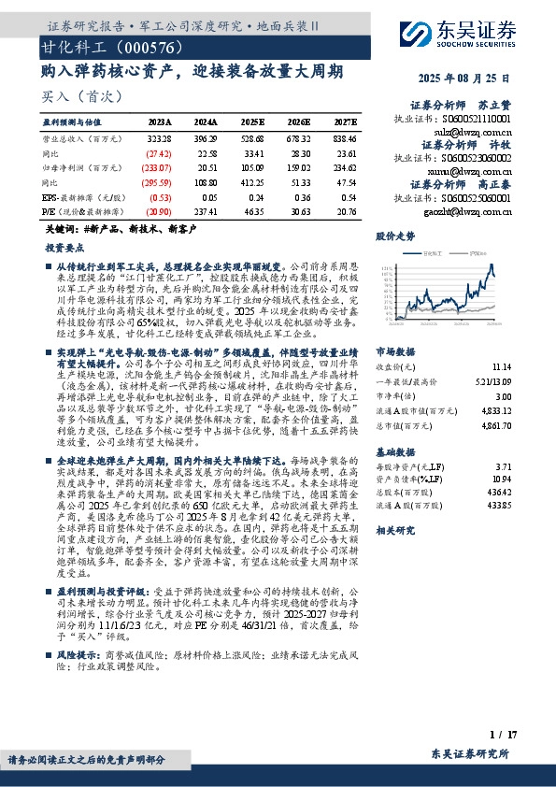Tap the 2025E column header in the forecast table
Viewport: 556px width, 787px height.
253,122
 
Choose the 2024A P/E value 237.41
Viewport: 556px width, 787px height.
207,212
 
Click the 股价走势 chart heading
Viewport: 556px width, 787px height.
395,236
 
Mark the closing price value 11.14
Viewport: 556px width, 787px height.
500,342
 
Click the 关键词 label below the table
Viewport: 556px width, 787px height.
60,228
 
